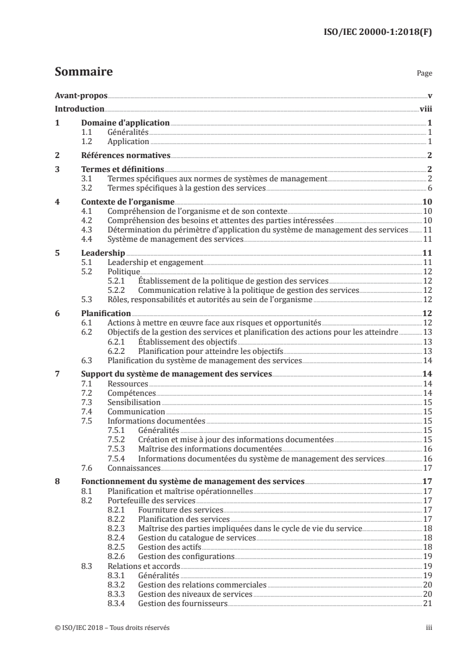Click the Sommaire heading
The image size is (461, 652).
(83, 73)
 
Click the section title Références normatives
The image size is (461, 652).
(125, 155)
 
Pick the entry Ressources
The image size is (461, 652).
(128, 384)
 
